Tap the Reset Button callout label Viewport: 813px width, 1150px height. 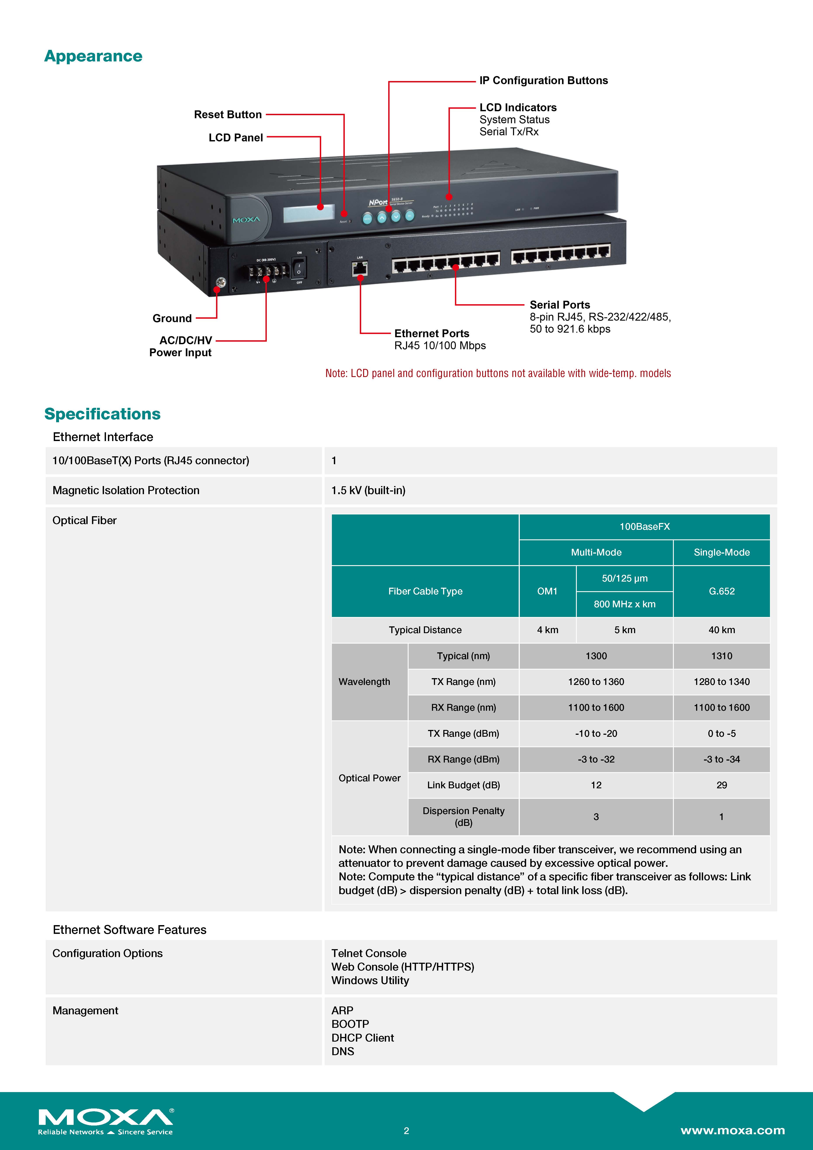click(228, 115)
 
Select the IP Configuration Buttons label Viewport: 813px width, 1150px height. click(543, 81)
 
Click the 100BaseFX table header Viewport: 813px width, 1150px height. click(644, 526)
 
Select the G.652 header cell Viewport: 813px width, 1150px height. click(721, 591)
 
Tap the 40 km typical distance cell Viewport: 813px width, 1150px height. click(721, 630)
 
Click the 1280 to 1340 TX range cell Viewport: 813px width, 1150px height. click(721, 682)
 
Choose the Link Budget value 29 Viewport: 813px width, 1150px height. click(721, 785)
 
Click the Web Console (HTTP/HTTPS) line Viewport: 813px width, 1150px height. click(402, 967)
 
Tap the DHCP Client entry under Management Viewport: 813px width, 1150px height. click(362, 1038)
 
